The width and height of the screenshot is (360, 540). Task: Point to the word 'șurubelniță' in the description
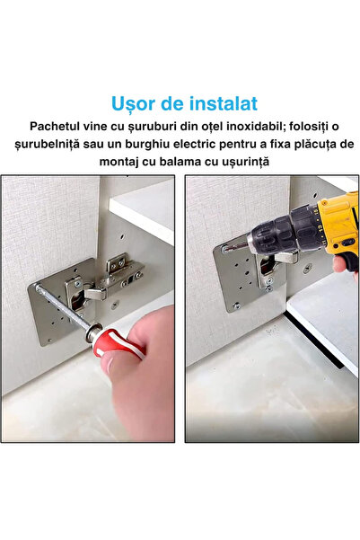pos(52,144)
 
